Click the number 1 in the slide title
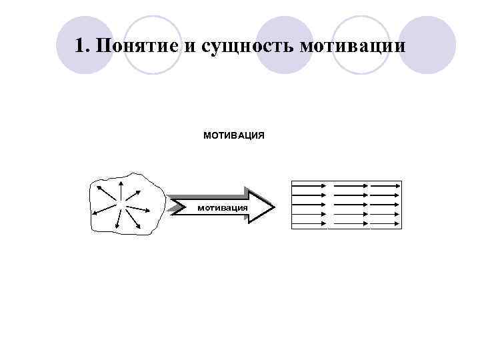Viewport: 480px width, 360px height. click(80, 47)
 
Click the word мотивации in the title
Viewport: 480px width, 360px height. click(352, 47)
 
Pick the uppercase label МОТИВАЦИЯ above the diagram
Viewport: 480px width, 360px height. click(233, 135)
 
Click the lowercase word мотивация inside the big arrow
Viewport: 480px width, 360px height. click(222, 207)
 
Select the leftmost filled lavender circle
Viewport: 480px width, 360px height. click(84, 45)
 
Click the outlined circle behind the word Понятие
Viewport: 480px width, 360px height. click(153, 45)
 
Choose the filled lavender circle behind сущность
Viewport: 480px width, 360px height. click(285, 45)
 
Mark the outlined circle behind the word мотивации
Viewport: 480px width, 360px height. click(361, 45)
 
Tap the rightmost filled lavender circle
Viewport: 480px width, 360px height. click(427, 45)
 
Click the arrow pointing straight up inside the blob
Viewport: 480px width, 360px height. click(121, 189)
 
